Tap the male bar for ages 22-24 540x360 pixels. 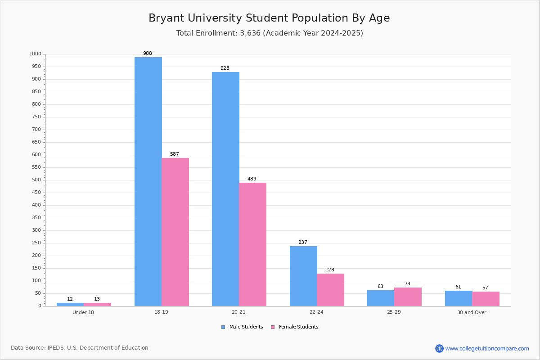[303, 276]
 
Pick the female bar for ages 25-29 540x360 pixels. [408, 297]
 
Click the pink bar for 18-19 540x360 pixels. [175, 232]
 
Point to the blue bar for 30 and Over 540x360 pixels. [459, 298]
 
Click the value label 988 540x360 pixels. [148, 54]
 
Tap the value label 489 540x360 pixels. [252, 179]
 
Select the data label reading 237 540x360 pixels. [303, 243]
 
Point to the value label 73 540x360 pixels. [407, 284]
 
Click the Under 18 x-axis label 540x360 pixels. [83, 312]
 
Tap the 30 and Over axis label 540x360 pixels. [472, 312]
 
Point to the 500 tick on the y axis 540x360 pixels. [36, 180]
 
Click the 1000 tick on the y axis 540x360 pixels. [35, 54]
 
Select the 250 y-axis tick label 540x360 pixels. [36, 243]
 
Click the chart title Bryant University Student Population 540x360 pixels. [269, 18]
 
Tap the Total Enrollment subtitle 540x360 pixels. [270, 33]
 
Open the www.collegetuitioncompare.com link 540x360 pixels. [487, 348]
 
